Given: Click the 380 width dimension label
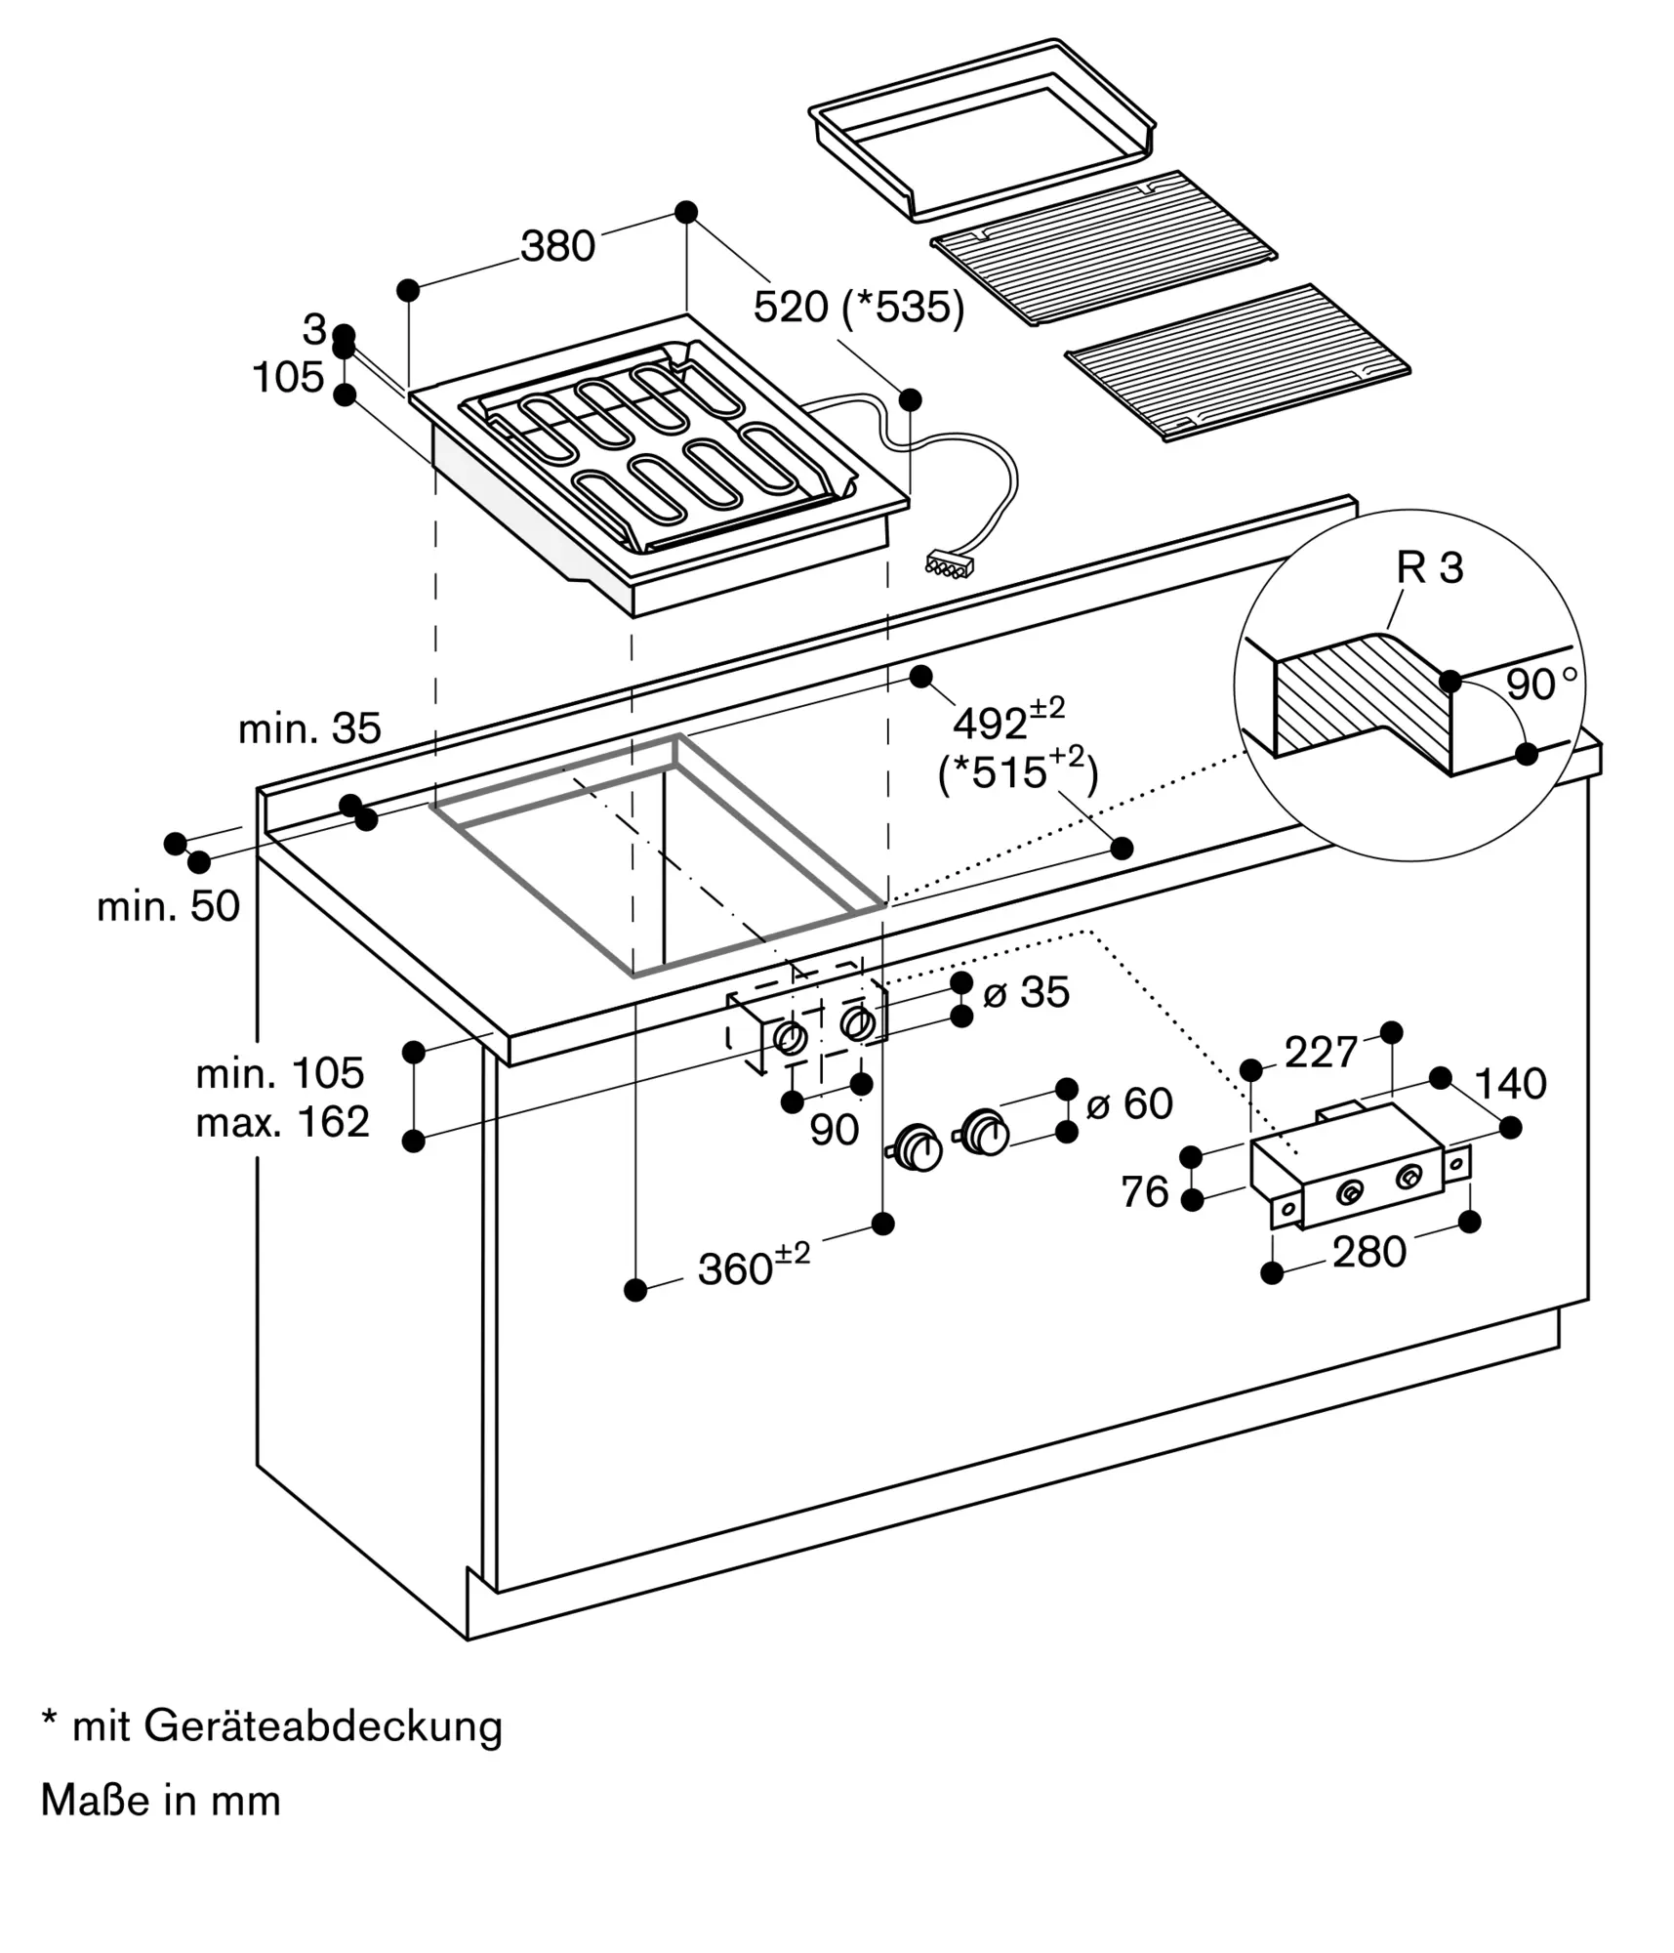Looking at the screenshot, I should pos(557,247).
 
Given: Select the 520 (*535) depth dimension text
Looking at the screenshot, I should pos(859,309).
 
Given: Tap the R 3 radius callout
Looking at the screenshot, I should pos(1430,568).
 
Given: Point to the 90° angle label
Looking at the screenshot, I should pos(1541,685).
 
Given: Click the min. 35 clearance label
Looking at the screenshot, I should pos(309,728).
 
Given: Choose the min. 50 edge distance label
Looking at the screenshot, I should pos(168,907).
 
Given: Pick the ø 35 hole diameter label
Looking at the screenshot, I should pos(1026,992).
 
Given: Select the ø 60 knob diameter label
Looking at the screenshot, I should pos(1128,1104).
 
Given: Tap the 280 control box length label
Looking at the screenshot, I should pos(1368,1252).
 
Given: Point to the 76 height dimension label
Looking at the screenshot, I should pos(1144,1192).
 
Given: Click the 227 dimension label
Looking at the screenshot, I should pos(1321,1053).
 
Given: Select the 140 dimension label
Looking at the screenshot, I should pos(1510,1084).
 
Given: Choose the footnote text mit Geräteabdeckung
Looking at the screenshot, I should pos(272,1726).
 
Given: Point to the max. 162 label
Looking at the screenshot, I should pos(282,1123).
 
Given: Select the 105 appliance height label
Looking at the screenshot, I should pos(288,378).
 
